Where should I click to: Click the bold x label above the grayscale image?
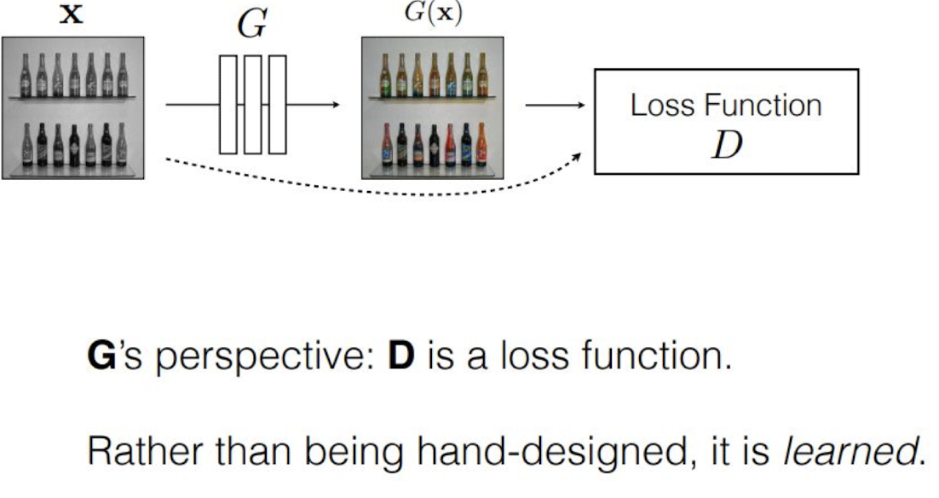point(76,16)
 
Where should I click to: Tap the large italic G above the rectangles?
point(252,26)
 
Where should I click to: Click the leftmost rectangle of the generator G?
point(228,105)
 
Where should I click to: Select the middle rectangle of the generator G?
point(252,105)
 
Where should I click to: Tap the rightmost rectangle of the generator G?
point(277,105)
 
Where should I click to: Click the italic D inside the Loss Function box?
point(726,146)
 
